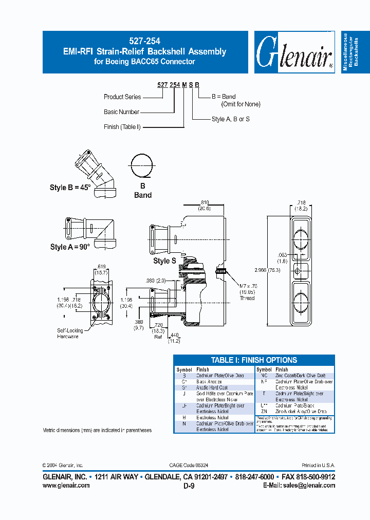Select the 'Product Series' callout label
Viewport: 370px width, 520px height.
122,97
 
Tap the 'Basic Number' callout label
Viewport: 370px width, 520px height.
122,112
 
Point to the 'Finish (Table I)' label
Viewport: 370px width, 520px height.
122,127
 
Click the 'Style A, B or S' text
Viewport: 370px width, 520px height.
230,119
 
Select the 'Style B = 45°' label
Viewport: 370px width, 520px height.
70,188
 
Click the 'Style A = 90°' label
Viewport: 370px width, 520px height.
70,247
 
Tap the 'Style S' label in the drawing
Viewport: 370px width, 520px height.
164,261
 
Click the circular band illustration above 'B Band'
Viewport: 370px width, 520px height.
142,165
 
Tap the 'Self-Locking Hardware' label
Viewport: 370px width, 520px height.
68,334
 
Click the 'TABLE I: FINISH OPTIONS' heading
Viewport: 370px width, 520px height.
254,360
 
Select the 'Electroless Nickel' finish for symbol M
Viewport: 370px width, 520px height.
212,418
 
